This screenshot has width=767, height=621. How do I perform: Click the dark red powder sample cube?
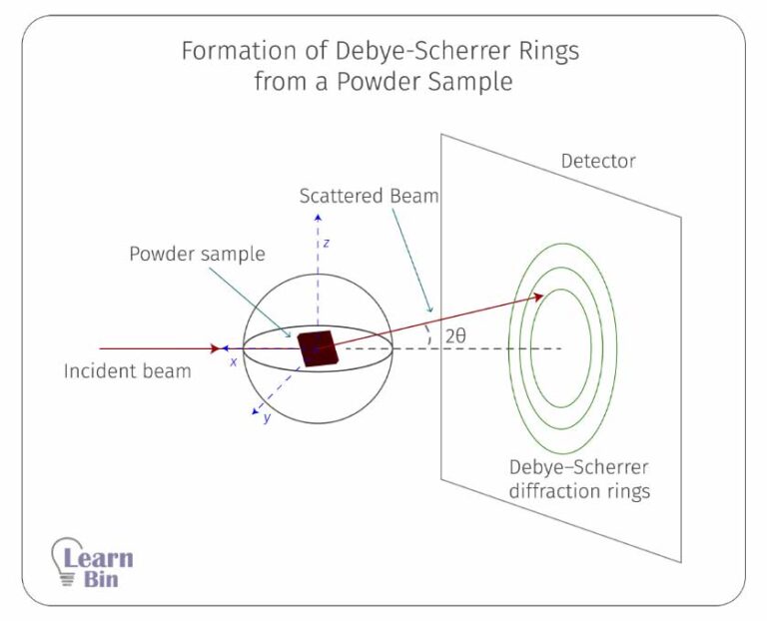pyautogui.click(x=319, y=348)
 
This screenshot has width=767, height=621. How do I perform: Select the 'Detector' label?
pyautogui.click(x=597, y=161)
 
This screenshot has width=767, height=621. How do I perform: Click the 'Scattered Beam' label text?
pyautogui.click(x=369, y=196)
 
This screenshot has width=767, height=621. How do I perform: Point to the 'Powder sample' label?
pyautogui.click(x=197, y=254)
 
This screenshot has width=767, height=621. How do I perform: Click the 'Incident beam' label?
pyautogui.click(x=127, y=371)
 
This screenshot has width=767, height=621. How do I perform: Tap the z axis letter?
pyautogui.click(x=326, y=243)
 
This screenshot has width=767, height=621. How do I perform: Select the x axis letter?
pyautogui.click(x=234, y=362)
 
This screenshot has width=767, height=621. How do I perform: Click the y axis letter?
pyautogui.click(x=267, y=417)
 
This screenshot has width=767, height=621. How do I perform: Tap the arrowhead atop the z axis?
pyautogui.click(x=319, y=215)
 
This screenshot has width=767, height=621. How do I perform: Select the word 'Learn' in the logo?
pyautogui.click(x=98, y=558)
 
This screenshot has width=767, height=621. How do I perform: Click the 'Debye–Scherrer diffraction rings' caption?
pyautogui.click(x=578, y=478)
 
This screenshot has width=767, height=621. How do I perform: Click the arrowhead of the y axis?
pyautogui.click(x=256, y=409)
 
